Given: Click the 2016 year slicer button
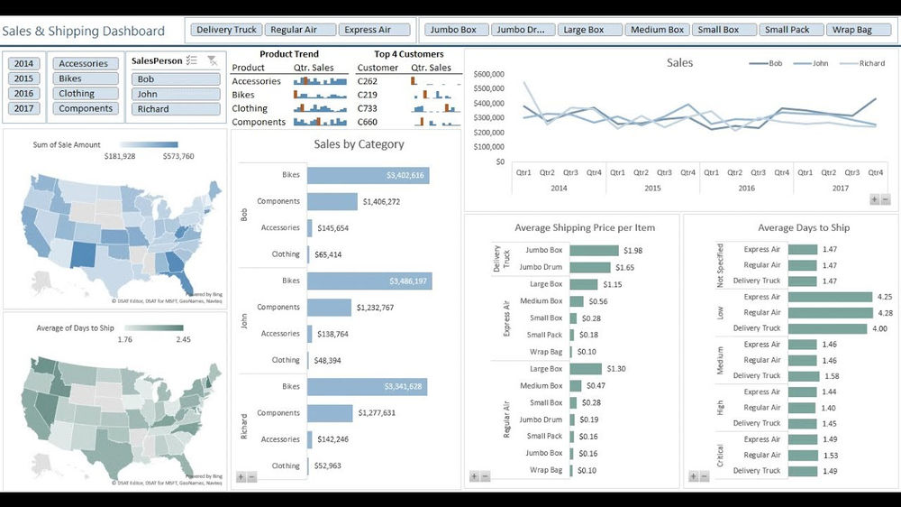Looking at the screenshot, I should (23, 94).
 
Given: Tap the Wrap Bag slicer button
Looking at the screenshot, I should (851, 30).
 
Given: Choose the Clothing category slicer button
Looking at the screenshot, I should (86, 94).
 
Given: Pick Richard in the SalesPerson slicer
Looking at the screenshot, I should (176, 109).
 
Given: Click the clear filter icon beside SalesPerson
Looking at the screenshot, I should (212, 60).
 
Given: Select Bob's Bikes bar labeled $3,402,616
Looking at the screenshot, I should (368, 175).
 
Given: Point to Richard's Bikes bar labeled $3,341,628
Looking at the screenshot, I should (367, 387).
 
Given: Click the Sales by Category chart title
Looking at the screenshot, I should (359, 144).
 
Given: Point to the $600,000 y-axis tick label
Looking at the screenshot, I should (488, 74).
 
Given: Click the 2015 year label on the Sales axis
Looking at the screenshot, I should (652, 189).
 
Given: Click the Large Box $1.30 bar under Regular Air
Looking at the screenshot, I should (586, 369).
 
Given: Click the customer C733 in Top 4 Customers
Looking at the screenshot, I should (366, 108).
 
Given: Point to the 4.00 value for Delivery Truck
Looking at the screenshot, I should (878, 328).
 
